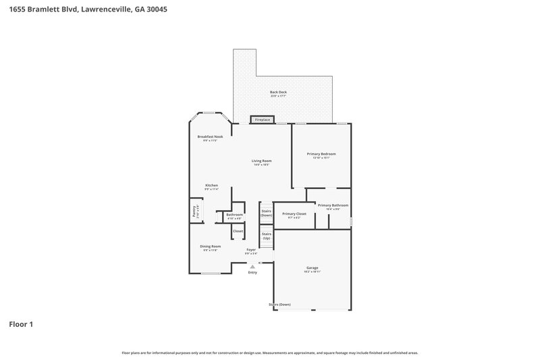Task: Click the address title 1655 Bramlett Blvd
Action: coord(84,10)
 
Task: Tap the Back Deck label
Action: coord(279,93)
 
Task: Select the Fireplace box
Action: coord(263,120)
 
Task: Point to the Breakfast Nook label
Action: coord(210,137)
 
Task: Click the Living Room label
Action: coord(261,161)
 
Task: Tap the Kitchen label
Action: coord(211,186)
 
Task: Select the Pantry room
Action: coord(194,212)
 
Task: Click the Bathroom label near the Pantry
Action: coord(234,215)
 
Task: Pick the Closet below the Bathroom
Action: coord(238,231)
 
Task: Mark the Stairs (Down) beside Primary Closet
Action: coord(266,213)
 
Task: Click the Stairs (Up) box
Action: coord(266,236)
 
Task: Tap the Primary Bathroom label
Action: coord(333,205)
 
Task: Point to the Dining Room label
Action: coord(210,247)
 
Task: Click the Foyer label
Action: coord(251,250)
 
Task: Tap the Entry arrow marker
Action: coord(252,266)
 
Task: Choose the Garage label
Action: coord(312,268)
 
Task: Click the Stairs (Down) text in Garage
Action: coord(279,305)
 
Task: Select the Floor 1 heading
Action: coord(21,324)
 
